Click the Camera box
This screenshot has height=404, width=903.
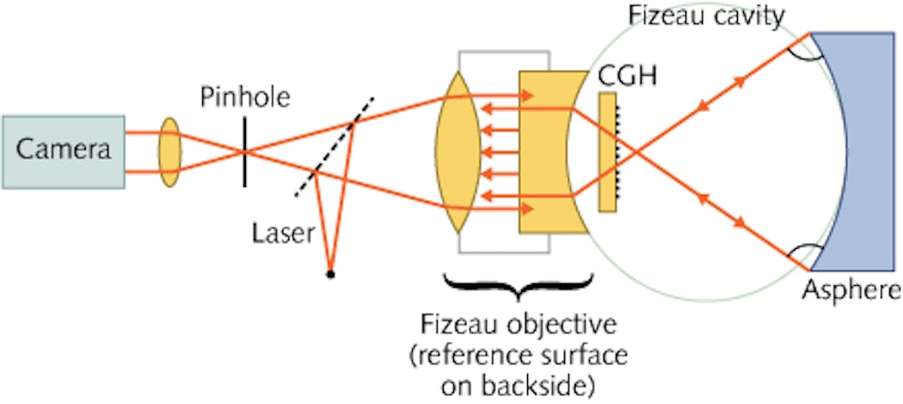pyautogui.click(x=63, y=151)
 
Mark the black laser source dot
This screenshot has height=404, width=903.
pyautogui.click(x=330, y=275)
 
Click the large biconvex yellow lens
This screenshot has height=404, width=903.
pyautogui.click(x=456, y=152)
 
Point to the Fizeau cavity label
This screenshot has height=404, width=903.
pyautogui.click(x=706, y=15)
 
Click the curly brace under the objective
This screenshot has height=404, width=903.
pyautogui.click(x=516, y=289)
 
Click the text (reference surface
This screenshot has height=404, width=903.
pyautogui.click(x=525, y=356)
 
